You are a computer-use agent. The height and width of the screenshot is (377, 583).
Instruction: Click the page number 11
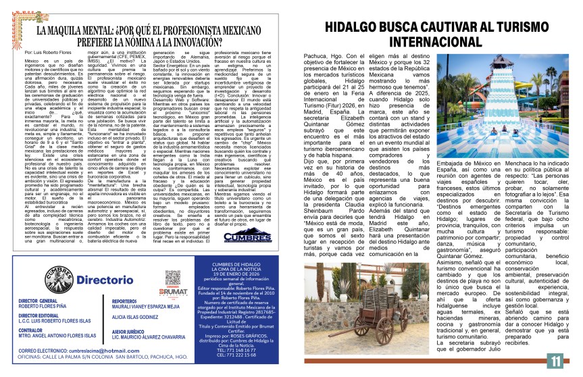coord(555,360)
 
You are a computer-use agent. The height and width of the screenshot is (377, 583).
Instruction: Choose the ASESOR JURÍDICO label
coord(132,332)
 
